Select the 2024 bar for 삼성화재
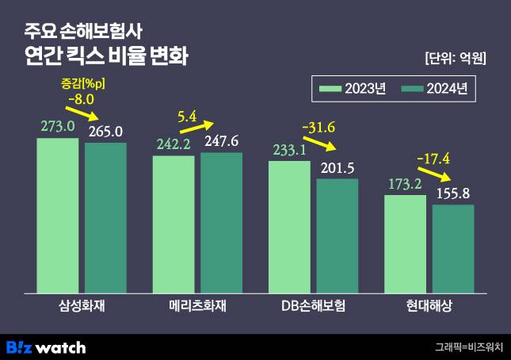pyautogui.click(x=105, y=218)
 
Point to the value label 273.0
pyautogui.click(x=58, y=126)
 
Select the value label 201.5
pyautogui.click(x=337, y=167)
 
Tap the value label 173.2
pyautogui.click(x=405, y=183)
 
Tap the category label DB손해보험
pyautogui.click(x=315, y=306)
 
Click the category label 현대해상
pyautogui.click(x=429, y=306)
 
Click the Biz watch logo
pyautogui.click(x=46, y=347)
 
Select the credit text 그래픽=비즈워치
pyautogui.click(x=469, y=347)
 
